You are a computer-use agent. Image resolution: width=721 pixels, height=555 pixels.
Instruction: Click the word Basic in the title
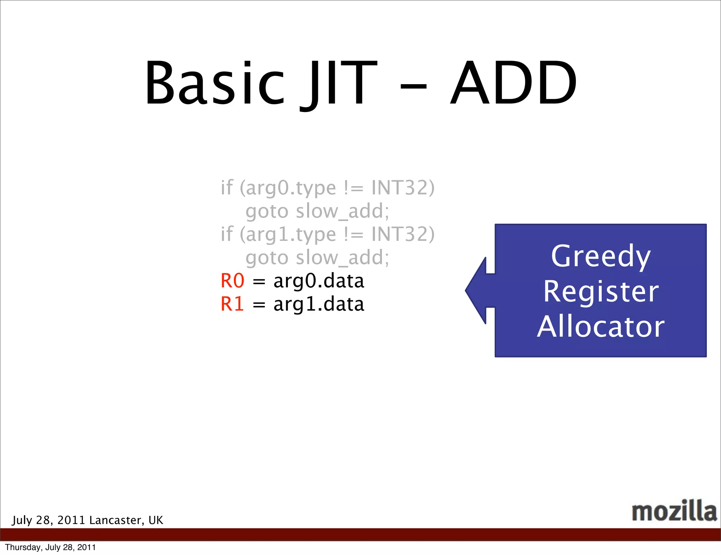click(214, 83)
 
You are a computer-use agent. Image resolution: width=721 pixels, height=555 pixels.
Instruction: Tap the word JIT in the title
click(338, 83)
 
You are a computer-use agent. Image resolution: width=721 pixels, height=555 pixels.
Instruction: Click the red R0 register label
click(232, 281)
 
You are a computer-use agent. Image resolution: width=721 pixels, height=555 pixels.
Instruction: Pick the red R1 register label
click(232, 304)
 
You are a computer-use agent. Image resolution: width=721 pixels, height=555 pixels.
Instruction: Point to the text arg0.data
click(319, 281)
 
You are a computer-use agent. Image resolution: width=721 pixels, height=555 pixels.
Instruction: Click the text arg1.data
click(319, 304)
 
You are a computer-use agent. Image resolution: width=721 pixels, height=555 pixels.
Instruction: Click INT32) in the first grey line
click(403, 187)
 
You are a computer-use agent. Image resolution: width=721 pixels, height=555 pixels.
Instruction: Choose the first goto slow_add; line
click(317, 211)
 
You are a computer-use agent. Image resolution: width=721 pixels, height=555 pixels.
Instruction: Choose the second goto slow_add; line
click(317, 258)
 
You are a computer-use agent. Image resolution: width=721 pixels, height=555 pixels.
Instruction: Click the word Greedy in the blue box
click(601, 256)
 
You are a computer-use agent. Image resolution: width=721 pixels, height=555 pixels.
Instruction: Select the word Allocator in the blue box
click(601, 327)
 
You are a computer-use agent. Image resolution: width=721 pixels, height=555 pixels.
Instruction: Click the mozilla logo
click(674, 511)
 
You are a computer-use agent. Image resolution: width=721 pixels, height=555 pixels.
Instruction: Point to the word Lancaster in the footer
click(115, 520)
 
